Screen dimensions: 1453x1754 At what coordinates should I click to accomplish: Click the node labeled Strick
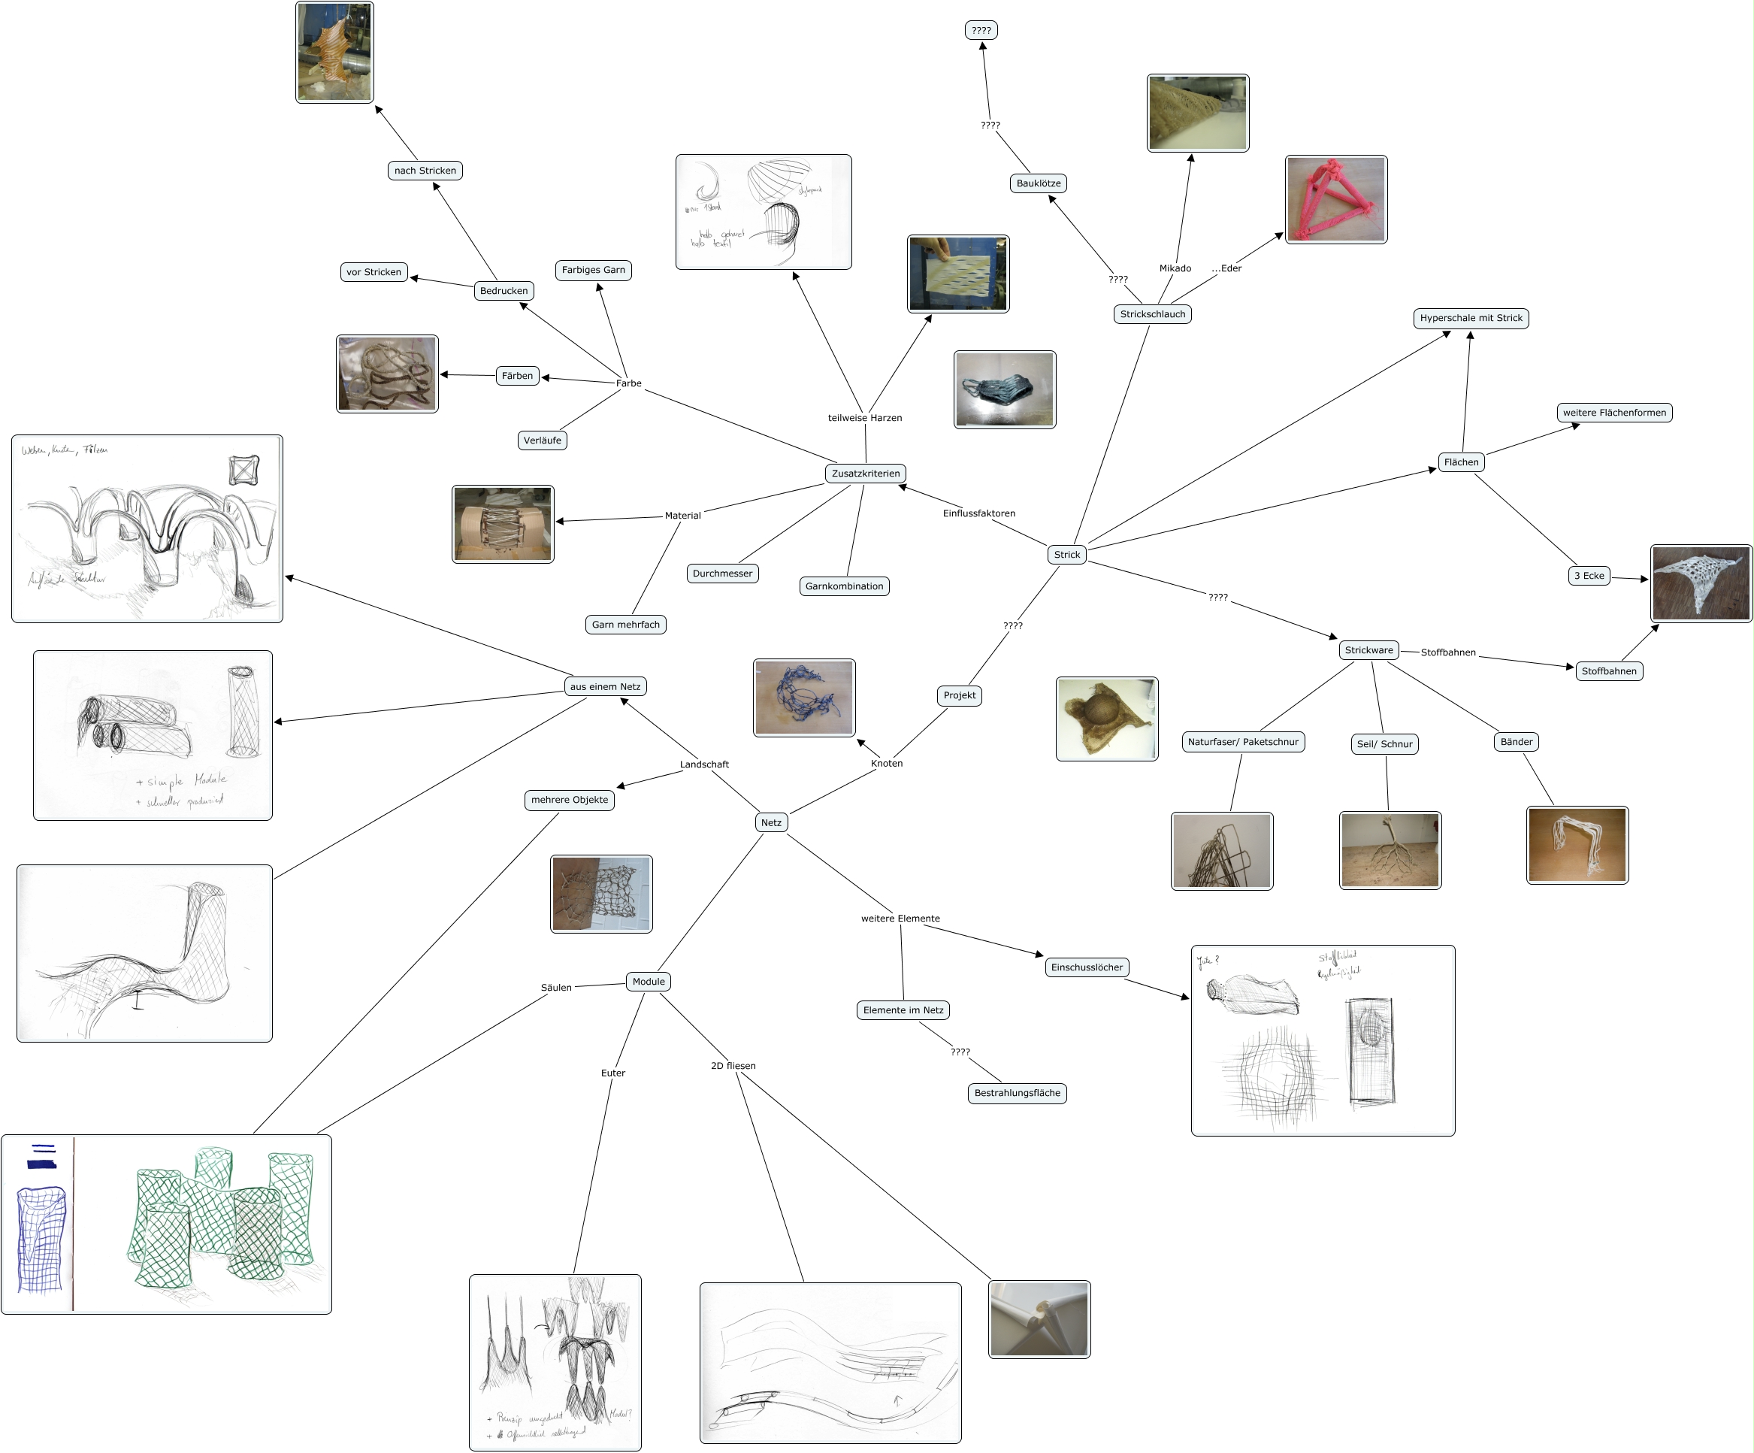[1066, 555]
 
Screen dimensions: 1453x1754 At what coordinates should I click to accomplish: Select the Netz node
[771, 823]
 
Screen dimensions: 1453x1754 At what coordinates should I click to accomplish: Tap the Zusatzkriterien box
[865, 474]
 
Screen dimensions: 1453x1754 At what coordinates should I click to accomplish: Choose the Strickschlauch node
[1152, 314]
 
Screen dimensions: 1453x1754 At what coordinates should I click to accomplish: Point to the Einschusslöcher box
[1087, 967]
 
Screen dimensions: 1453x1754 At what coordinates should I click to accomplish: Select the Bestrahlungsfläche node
[1017, 1093]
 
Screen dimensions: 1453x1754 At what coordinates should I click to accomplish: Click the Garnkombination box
[844, 586]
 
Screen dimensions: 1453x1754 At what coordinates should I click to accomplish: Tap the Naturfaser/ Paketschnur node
[1243, 742]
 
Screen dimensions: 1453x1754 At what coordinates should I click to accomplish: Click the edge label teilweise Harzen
[864, 418]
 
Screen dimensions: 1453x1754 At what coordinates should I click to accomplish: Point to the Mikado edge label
[1175, 268]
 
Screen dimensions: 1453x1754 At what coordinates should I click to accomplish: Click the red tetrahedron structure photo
[1335, 200]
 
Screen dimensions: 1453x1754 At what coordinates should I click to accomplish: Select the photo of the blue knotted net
[803, 698]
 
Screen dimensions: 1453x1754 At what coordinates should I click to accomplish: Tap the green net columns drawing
[166, 1224]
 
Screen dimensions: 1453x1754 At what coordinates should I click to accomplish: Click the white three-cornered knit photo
[1701, 583]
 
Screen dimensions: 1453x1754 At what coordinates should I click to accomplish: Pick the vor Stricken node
[373, 272]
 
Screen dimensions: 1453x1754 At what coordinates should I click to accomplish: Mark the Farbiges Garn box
[593, 270]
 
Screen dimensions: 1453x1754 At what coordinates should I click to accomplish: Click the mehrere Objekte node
[570, 801]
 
